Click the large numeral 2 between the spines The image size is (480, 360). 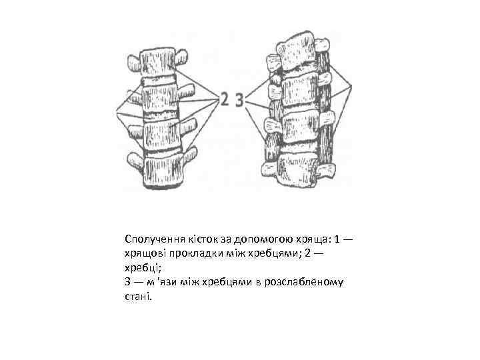(225, 100)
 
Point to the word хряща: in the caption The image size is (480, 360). (310, 239)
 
